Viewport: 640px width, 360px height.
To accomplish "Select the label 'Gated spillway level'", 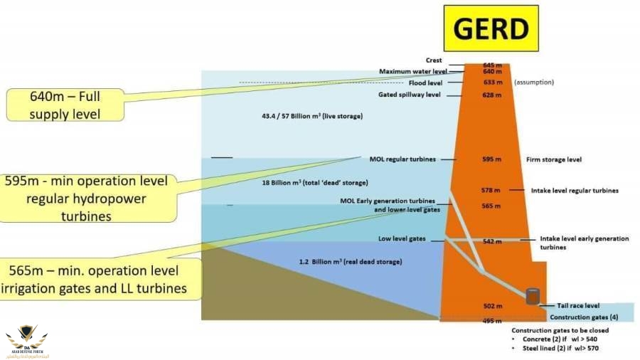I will [410, 95].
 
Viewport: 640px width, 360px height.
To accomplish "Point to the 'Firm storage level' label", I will [554, 159].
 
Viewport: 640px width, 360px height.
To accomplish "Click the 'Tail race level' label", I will [574, 305].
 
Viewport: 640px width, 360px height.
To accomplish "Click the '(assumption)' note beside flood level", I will [533, 82].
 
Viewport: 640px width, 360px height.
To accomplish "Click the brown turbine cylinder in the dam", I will [533, 296].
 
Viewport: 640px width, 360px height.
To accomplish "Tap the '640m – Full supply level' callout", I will [65, 105].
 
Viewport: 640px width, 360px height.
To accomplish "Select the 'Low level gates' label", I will [402, 239].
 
